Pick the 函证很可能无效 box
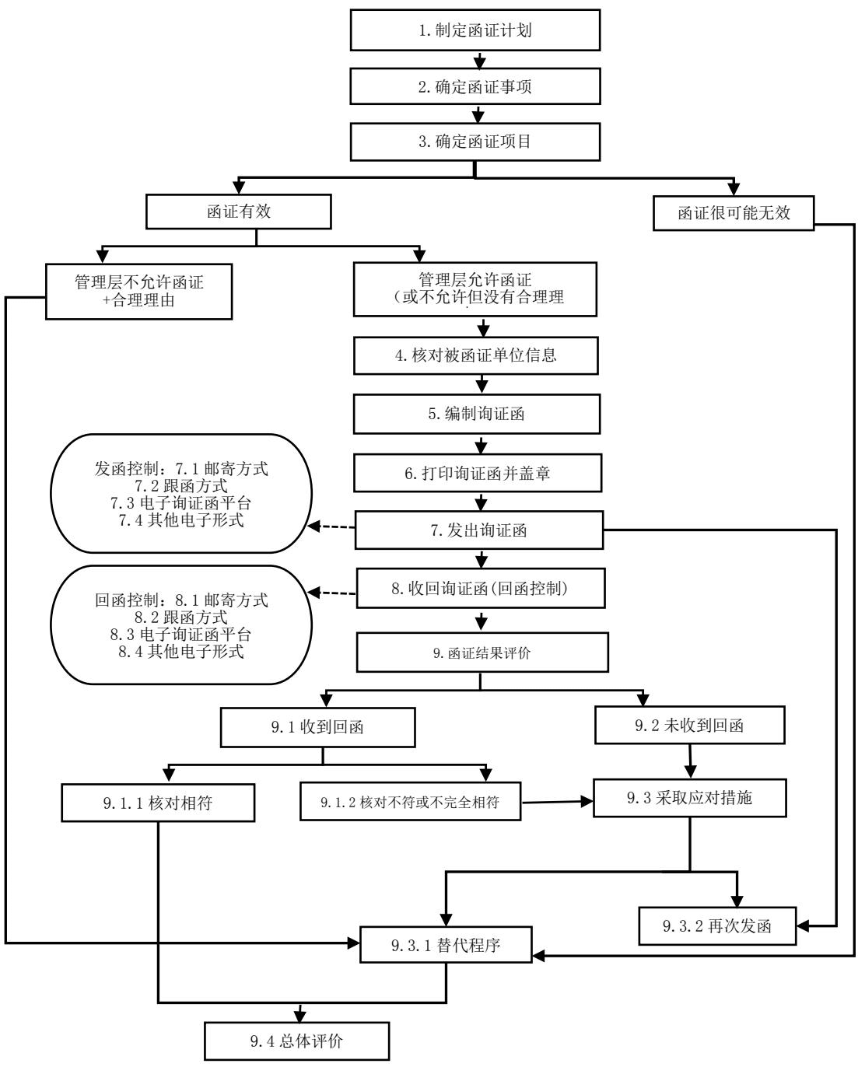pyautogui.click(x=734, y=212)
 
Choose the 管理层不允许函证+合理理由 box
pyautogui.click(x=139, y=289)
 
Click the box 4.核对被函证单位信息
pyautogui.click(x=478, y=357)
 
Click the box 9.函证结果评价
pyautogui.click(x=479, y=653)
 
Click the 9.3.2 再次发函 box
pyautogui.click(x=718, y=926)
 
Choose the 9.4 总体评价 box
pyautogui.click(x=297, y=1041)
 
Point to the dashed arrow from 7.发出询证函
pyautogui.click(x=332, y=528)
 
